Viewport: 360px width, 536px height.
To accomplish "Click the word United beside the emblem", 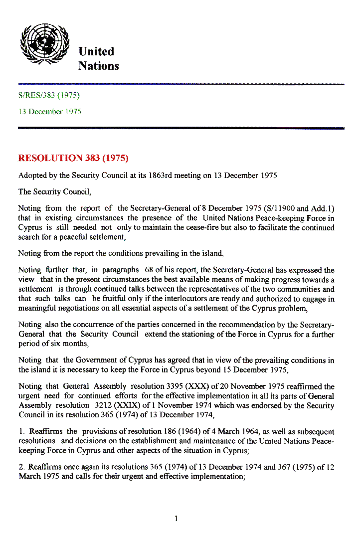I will pos(96,51).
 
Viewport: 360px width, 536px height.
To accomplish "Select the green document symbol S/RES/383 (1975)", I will pos(49,95).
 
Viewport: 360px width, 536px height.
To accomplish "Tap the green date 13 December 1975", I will pos(49,111).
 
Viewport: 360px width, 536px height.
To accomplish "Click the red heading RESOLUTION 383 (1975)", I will pos(73,159).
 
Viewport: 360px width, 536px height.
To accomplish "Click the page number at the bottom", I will pos(177,519).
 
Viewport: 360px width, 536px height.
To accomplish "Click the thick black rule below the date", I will pos(181,128).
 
